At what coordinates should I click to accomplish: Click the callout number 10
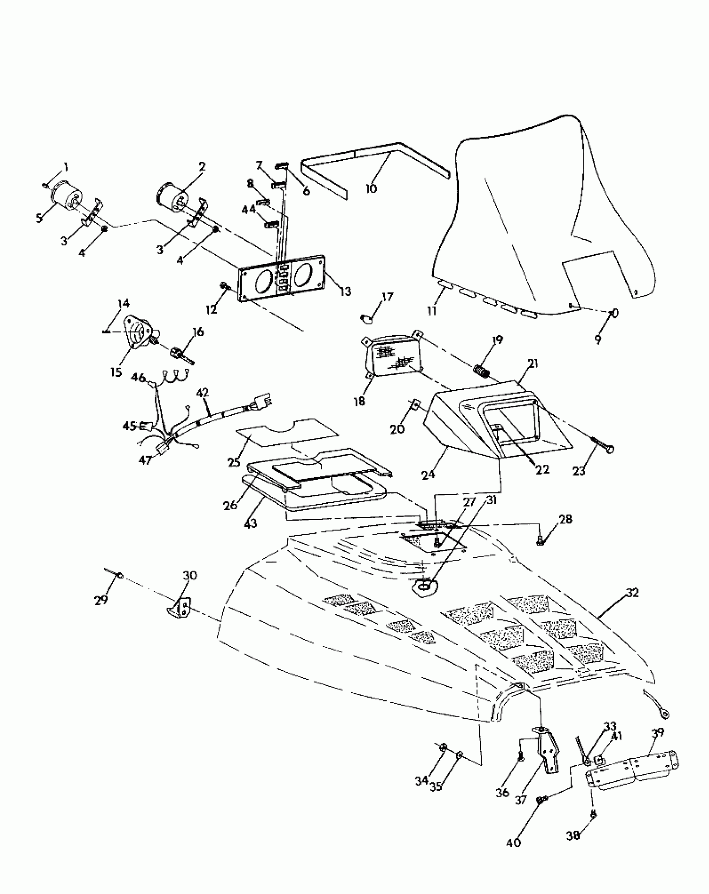(x=371, y=188)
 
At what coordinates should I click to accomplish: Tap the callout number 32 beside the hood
(x=632, y=593)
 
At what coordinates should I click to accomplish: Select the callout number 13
(x=345, y=291)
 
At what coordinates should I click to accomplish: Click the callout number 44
(x=249, y=209)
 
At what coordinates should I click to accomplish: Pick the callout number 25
(x=234, y=462)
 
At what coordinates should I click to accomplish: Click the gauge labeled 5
(x=65, y=197)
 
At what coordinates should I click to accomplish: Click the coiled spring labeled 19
(x=481, y=370)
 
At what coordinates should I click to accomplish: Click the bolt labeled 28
(x=540, y=542)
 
